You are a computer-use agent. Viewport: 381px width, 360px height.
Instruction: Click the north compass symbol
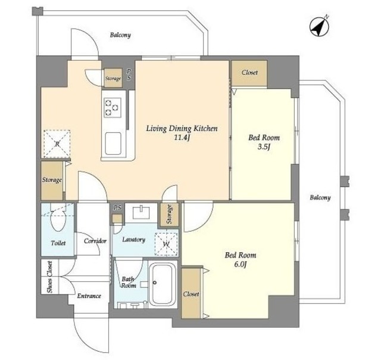pos(319,26)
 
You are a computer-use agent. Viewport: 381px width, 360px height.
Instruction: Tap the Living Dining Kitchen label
pos(182,128)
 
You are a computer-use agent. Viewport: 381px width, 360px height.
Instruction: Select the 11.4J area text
pos(182,138)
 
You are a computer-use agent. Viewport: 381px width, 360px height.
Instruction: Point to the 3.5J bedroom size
pos(264,147)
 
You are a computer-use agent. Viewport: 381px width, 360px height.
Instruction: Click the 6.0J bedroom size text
pos(241,265)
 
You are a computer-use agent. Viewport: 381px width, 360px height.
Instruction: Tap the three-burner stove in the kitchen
pos(113,107)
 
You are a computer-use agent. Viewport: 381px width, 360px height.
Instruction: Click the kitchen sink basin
pos(113,144)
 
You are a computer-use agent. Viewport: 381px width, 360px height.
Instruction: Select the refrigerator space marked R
pos(57,144)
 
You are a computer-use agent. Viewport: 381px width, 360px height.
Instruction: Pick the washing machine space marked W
pos(166,244)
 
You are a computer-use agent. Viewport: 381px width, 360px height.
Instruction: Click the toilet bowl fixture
pos(58,218)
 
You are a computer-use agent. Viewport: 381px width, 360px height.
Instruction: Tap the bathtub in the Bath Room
pos(163,284)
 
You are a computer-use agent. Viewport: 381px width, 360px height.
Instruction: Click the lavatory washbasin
pos(141,213)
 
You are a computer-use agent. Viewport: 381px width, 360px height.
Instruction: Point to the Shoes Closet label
pos(50,277)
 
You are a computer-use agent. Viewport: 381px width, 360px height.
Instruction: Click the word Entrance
pos(89,296)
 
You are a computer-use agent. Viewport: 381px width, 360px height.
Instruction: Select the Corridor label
pos(95,241)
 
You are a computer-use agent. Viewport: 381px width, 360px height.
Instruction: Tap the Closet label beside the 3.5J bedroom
pos(249,73)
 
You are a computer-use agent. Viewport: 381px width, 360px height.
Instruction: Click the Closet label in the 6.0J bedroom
pos(191,294)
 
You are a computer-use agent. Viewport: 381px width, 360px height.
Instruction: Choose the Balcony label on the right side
pos(320,197)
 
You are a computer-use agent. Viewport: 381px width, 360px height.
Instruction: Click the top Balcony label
pos(120,35)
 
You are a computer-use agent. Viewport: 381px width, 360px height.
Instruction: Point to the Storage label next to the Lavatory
pos(169,215)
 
